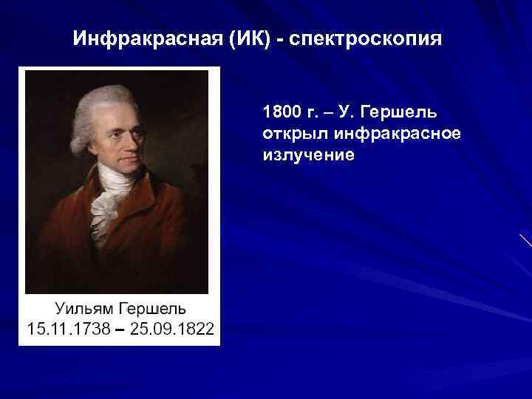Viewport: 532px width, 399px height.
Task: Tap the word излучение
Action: click(308, 155)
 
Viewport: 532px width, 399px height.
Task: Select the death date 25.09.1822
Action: click(171, 328)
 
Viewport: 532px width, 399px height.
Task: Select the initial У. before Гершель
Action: click(348, 113)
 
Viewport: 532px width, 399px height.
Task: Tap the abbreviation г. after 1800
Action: click(307, 113)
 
